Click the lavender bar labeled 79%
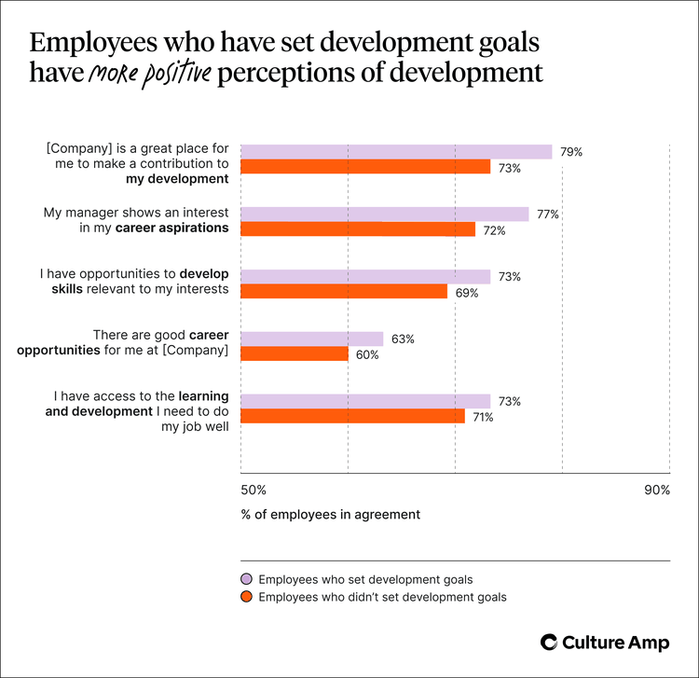396,152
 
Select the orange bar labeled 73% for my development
365,167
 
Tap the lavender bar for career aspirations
385,214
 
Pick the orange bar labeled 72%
358,229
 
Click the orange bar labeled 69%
344,291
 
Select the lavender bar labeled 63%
312,339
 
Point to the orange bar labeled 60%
295,353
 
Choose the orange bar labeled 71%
352,416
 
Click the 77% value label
547,214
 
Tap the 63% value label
403,339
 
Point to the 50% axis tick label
254,490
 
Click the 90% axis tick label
656,490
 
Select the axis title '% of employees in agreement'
330,514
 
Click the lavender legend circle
246,579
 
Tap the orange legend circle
246,597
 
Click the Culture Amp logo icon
551,642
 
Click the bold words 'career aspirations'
172,228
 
